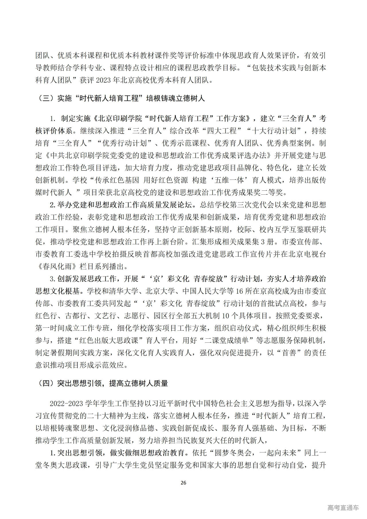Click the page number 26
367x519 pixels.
pos(183,483)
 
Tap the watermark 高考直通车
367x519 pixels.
pos(343,508)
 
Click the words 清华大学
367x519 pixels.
pos(124,291)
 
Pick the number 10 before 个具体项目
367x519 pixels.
pos(226,316)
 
